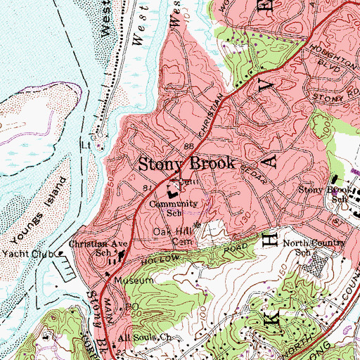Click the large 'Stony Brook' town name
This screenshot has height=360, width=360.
tap(186, 163)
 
